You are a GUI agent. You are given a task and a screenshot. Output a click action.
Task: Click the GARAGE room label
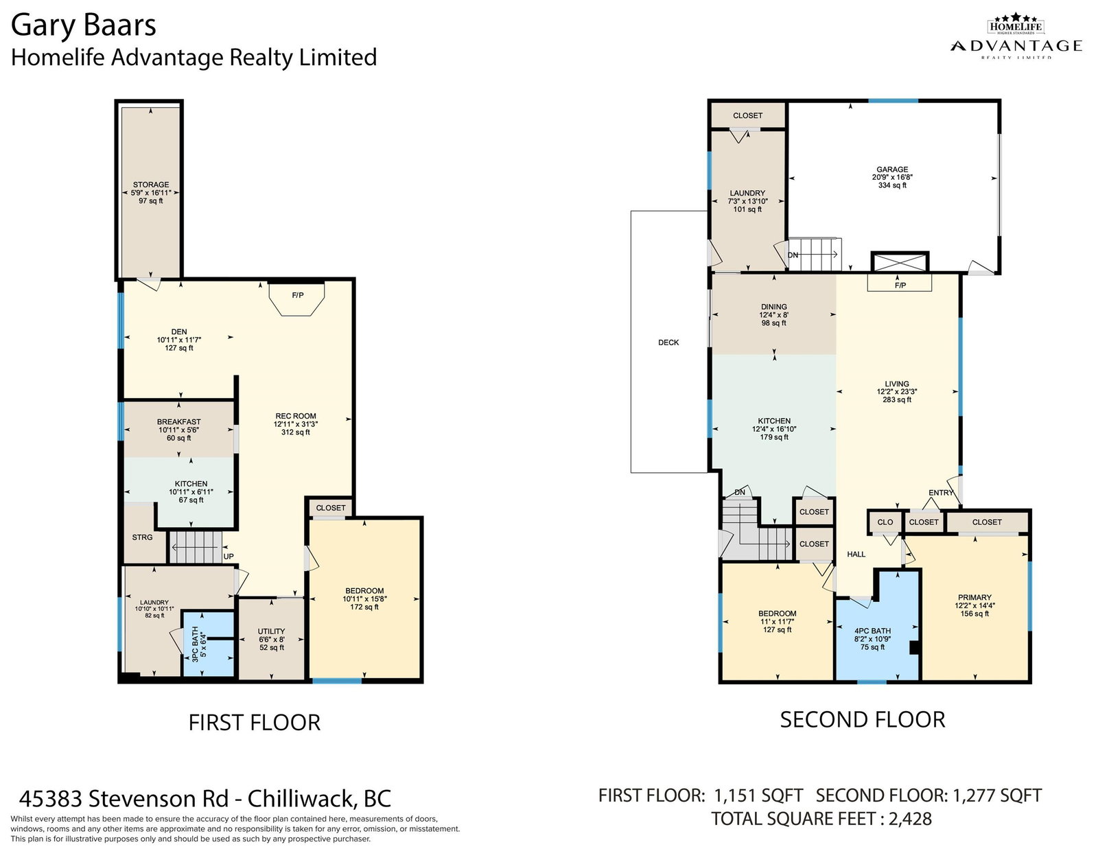pos(892,170)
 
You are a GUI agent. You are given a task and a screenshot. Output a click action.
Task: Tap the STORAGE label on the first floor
pos(150,185)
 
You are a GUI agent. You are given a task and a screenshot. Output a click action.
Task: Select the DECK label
pos(668,342)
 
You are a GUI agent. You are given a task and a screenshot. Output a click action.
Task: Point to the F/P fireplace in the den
pos(297,297)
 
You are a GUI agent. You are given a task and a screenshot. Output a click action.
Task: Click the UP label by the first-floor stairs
pos(229,557)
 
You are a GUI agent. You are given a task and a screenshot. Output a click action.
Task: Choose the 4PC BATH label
pos(873,631)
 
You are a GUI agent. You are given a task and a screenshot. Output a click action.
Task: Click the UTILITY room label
pos(271,631)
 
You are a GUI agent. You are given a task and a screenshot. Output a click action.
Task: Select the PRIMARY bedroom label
pos(974,597)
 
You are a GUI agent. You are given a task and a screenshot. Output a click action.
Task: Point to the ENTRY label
pos(940,493)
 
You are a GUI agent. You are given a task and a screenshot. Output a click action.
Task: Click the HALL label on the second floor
pos(856,555)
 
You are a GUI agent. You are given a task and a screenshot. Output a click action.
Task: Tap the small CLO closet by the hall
pos(885,522)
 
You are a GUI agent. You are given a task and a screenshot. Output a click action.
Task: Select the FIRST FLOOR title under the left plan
pos(254,722)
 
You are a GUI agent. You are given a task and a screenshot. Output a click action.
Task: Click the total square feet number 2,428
pos(910,818)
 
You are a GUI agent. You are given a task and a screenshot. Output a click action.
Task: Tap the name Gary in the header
pos(43,26)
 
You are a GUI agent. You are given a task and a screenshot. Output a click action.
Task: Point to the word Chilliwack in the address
pos(300,798)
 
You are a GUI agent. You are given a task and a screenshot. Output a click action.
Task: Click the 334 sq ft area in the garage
pos(892,185)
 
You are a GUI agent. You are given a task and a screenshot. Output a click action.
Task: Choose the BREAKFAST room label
pos(179,421)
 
